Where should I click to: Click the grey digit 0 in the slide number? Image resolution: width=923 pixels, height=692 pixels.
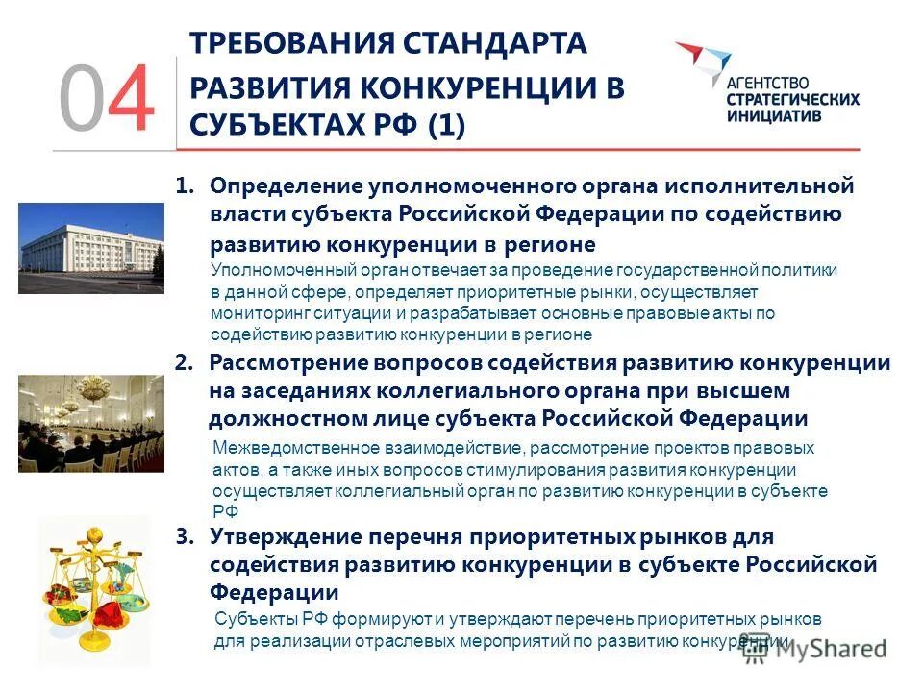(81, 99)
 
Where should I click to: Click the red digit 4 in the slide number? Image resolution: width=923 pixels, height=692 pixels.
(130, 99)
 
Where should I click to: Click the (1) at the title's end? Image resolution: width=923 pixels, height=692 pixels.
(438, 126)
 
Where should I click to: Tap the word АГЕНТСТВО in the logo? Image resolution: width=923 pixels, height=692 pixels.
(767, 83)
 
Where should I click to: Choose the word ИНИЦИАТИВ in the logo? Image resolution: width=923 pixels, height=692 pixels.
(773, 116)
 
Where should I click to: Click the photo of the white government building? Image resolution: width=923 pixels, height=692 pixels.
(91, 248)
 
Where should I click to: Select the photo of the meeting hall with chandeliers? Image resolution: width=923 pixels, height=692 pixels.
(91, 423)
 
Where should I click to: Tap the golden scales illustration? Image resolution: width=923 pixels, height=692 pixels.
(94, 588)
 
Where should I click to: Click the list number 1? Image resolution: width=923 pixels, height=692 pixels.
(185, 185)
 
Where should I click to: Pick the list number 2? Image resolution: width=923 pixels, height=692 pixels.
(185, 363)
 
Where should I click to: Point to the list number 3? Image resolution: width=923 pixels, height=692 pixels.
(185, 536)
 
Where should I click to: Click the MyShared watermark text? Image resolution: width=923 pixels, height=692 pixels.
(827, 648)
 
